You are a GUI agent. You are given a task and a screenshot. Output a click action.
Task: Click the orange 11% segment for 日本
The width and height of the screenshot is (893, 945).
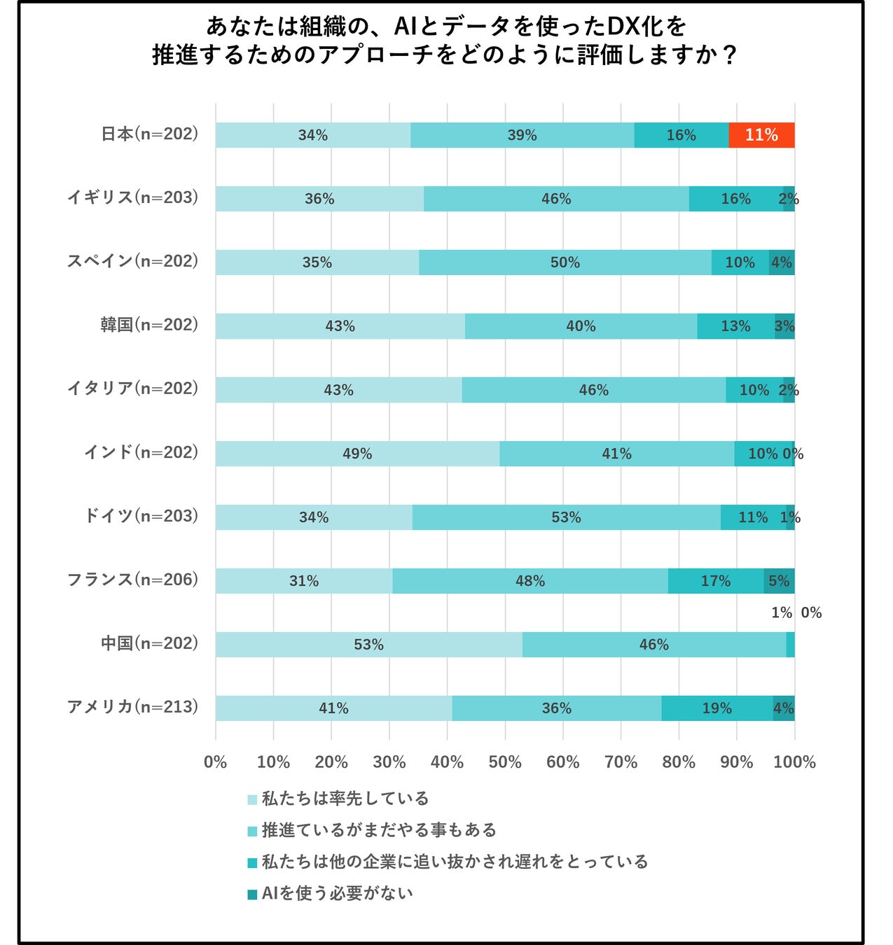pyautogui.click(x=761, y=135)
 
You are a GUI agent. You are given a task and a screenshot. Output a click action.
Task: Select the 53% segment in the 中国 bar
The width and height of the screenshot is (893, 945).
pyautogui.click(x=368, y=645)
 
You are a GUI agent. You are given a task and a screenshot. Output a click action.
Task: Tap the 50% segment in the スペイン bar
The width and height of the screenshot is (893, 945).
pyautogui.click(x=565, y=262)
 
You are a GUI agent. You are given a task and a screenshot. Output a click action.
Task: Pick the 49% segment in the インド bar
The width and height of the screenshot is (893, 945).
pyautogui.click(x=357, y=454)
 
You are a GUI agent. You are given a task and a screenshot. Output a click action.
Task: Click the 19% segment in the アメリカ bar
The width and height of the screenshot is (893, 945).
pyautogui.click(x=717, y=708)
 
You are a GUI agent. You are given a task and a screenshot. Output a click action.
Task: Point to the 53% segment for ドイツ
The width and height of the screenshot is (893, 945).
pyautogui.click(x=566, y=517)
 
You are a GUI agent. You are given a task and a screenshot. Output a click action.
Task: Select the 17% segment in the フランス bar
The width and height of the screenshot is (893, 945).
pyautogui.click(x=715, y=581)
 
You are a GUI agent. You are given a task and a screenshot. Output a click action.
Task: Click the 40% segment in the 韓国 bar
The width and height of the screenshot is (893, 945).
pyautogui.click(x=581, y=326)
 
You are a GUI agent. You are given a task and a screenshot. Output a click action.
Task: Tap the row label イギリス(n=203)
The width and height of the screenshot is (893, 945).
pyautogui.click(x=132, y=197)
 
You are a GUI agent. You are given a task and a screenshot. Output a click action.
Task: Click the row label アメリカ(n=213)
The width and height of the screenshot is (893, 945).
pyautogui.click(x=132, y=707)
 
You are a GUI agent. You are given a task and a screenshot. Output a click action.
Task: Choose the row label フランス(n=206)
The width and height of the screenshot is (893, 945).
pyautogui.click(x=132, y=580)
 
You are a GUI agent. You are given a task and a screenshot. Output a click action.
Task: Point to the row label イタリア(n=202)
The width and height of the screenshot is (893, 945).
pyautogui.click(x=132, y=388)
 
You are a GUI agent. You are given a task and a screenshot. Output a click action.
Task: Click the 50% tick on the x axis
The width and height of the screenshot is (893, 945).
pyautogui.click(x=505, y=762)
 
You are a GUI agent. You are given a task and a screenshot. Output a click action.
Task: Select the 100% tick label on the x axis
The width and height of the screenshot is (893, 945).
pyautogui.click(x=794, y=762)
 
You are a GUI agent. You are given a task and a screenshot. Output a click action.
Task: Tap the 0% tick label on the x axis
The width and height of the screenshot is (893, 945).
pyautogui.click(x=216, y=762)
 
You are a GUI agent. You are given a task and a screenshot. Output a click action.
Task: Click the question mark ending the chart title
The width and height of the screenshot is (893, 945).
pyautogui.click(x=729, y=55)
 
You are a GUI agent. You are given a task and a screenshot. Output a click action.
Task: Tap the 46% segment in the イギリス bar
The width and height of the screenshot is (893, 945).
pyautogui.click(x=556, y=199)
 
